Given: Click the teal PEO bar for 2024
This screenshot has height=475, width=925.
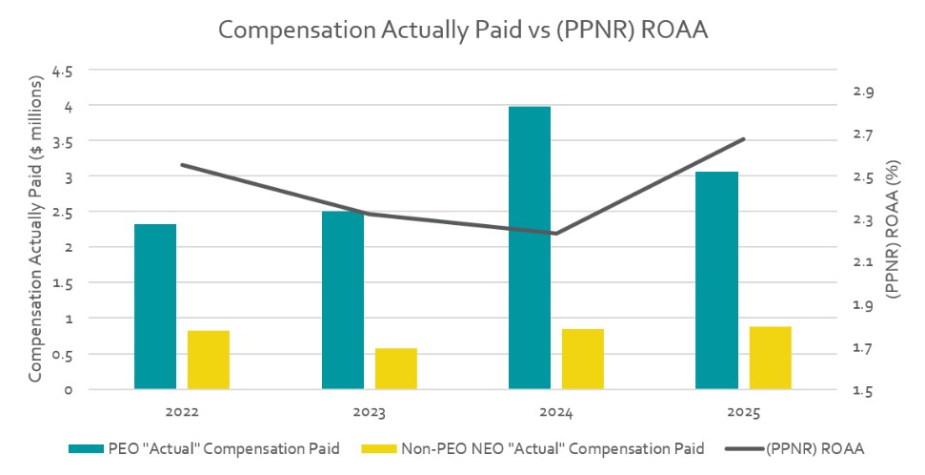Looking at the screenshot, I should click(x=530, y=248).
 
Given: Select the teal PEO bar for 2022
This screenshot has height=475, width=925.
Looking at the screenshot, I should click(x=155, y=306).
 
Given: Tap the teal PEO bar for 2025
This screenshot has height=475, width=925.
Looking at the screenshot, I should click(x=716, y=280).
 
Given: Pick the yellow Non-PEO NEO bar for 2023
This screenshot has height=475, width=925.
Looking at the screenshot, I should click(x=396, y=368).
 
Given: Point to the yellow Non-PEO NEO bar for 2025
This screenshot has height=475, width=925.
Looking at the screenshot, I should click(x=770, y=358).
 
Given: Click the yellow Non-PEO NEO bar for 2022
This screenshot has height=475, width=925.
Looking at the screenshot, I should click(x=209, y=360).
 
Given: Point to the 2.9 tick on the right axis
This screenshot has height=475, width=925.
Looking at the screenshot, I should click(x=863, y=92).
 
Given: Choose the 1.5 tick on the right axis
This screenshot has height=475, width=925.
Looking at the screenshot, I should click(x=863, y=391).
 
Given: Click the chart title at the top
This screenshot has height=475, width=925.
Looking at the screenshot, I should click(x=464, y=30).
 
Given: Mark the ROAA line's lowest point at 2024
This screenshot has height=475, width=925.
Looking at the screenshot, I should click(x=556, y=233).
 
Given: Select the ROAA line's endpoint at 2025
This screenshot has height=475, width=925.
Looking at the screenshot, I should click(x=743, y=139).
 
